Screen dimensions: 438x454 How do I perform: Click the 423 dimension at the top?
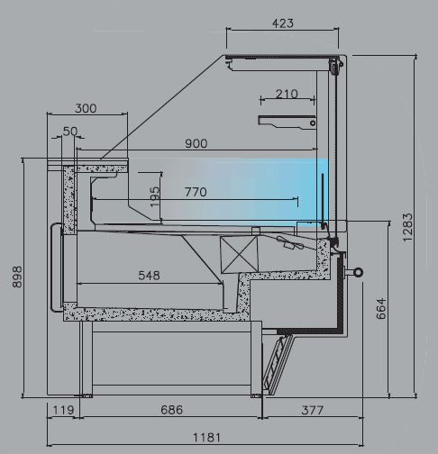coord(282,23)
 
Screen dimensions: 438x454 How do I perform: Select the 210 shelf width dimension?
coord(287,94)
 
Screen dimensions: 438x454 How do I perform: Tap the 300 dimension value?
coord(86,108)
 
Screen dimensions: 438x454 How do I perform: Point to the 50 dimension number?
coord(70,132)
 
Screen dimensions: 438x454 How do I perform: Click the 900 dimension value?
coord(196,143)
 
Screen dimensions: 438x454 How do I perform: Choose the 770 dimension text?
coord(196,192)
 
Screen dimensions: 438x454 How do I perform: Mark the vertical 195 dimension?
coord(155,196)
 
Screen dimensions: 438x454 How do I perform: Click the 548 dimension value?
coord(149,276)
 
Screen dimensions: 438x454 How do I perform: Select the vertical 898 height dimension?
coord(17,277)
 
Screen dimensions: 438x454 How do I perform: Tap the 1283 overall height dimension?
coord(407,227)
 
